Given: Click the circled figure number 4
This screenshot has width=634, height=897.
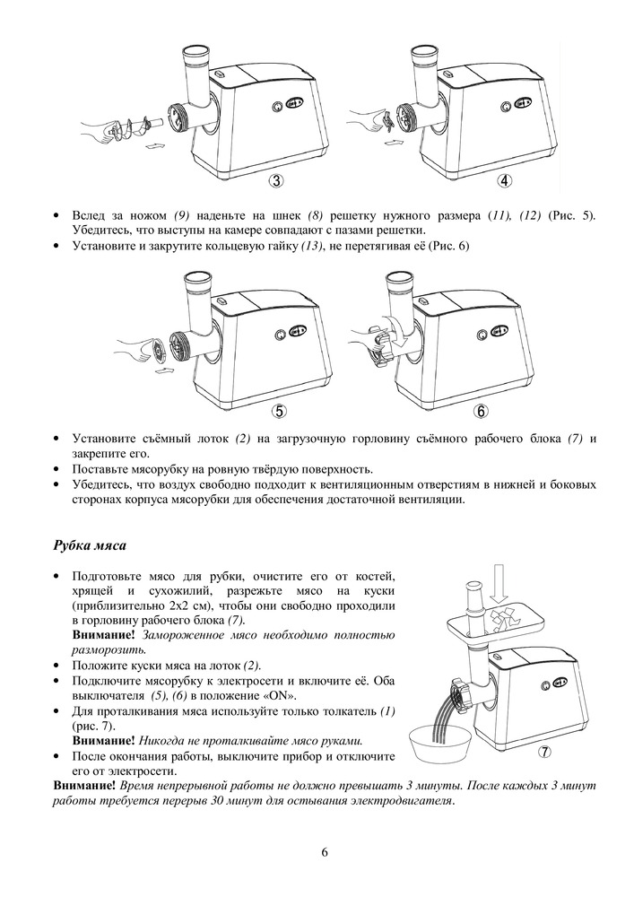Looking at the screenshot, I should click(x=505, y=181).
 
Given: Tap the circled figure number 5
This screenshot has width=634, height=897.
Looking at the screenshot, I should click(x=280, y=411).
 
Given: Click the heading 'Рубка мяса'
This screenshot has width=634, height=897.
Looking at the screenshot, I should click(x=89, y=546).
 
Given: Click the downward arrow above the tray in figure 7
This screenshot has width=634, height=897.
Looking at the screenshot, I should click(x=500, y=588).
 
